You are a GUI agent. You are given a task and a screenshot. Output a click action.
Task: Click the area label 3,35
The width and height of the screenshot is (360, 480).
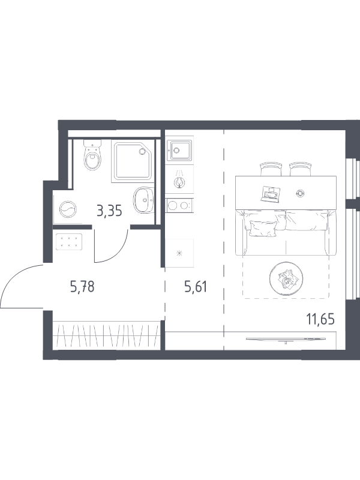pyautogui.click(x=109, y=211)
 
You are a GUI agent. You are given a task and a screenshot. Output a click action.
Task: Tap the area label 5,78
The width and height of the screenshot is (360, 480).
pyautogui.click(x=82, y=287)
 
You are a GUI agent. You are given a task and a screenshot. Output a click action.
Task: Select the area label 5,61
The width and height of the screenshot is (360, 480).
pyautogui.click(x=196, y=287)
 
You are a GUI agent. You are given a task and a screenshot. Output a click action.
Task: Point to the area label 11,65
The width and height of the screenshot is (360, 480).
pyautogui.click(x=320, y=319)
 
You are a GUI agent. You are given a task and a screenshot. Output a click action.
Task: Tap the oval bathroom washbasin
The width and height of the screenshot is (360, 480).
pyautogui.click(x=143, y=200)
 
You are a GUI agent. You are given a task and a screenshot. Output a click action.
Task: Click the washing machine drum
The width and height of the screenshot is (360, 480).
pyautogui.click(x=68, y=210)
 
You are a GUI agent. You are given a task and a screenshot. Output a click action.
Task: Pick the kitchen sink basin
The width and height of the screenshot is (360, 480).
pyautogui.click(x=179, y=150)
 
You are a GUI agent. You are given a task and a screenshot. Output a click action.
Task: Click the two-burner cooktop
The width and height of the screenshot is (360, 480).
pyautogui.click(x=179, y=205)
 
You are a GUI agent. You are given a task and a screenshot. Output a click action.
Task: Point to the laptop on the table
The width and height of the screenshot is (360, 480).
pyautogui.click(x=271, y=193)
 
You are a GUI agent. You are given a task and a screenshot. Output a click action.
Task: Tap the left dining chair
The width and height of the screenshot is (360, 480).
pyautogui.click(x=271, y=169)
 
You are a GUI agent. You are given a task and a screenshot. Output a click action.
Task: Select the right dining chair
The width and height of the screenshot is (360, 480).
pyautogui.click(x=301, y=169)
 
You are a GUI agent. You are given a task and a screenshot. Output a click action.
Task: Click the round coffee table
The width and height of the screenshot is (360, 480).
pyautogui.click(x=287, y=278)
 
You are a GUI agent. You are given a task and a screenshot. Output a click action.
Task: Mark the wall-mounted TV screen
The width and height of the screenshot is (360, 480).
pyautogui.click(x=286, y=338)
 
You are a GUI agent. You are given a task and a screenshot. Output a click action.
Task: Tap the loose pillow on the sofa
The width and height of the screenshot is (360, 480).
pyautogui.click(x=263, y=229)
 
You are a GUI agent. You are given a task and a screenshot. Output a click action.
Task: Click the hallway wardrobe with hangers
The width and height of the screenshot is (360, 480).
pyautogui.click(x=106, y=335)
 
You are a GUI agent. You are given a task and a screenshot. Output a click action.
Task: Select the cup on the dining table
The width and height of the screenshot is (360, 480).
pyautogui.click(x=300, y=193)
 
